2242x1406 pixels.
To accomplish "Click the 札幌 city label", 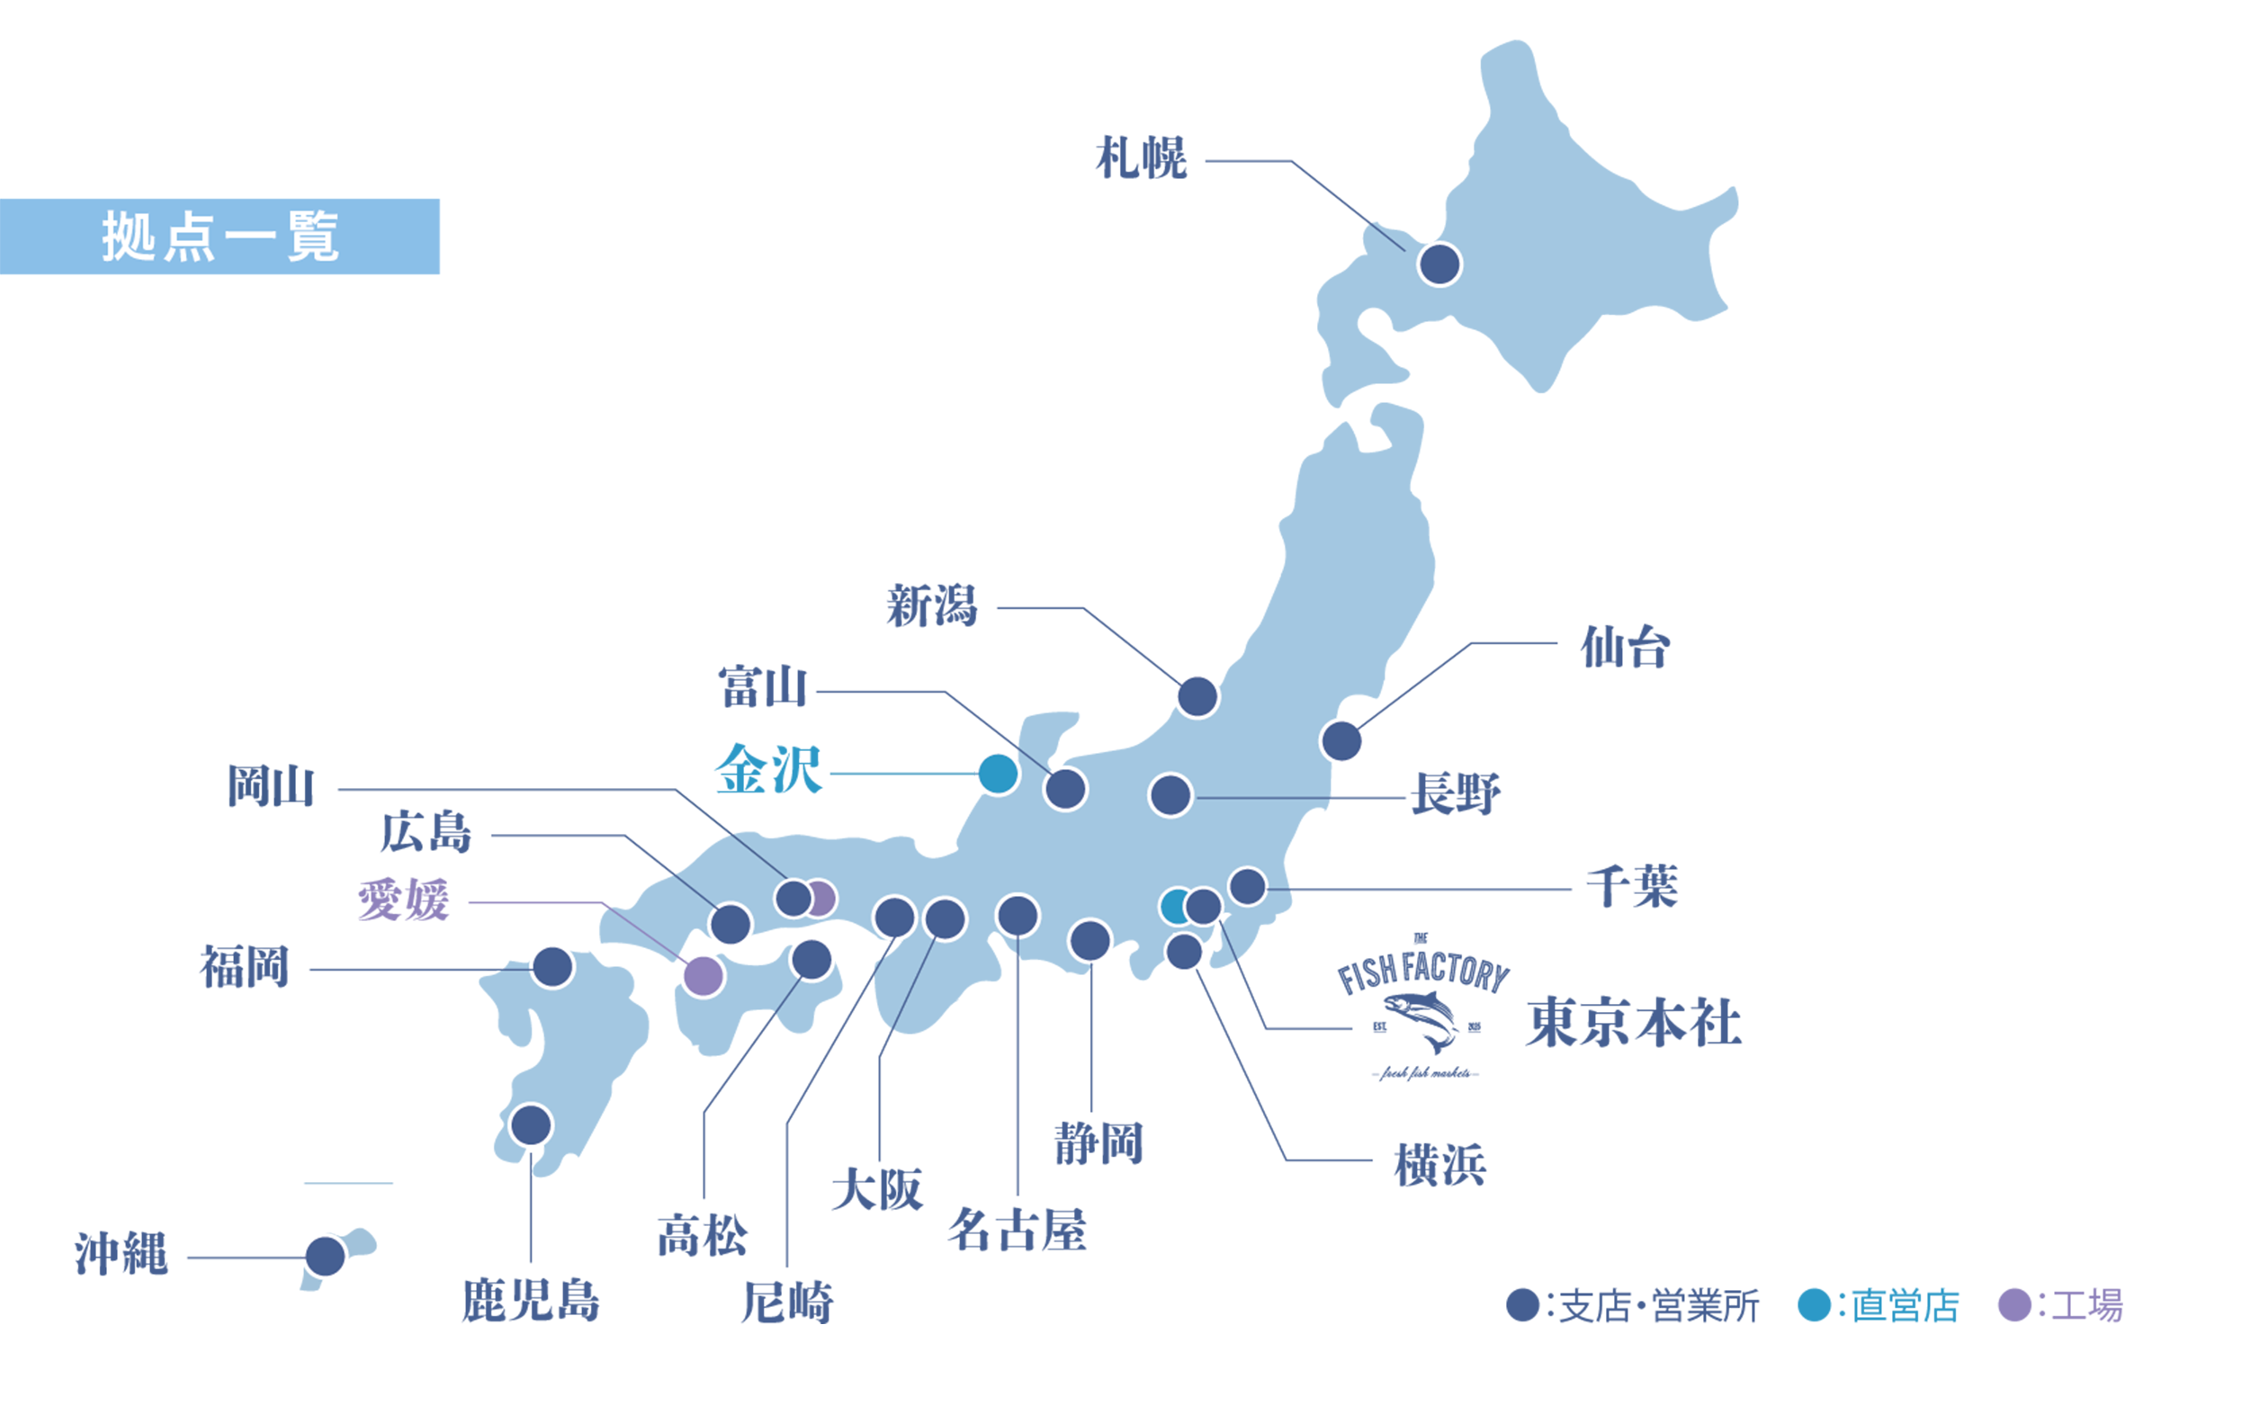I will [1141, 158].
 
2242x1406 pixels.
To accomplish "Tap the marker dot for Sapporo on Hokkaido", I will [1439, 264].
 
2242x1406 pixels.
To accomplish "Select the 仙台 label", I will [1625, 647].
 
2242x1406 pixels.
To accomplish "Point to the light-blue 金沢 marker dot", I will [998, 774].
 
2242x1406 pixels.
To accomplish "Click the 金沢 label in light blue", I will [768, 770].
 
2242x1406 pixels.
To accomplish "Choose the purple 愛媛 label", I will [404, 900].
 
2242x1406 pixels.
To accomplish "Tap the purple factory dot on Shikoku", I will [703, 976].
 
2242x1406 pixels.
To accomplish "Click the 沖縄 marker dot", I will [326, 1257].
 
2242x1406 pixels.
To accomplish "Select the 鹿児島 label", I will [530, 1300].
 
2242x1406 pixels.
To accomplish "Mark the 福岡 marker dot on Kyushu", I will [552, 967].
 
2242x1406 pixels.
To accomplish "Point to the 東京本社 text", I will [1633, 1023].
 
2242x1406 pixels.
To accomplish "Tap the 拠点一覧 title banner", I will [220, 237].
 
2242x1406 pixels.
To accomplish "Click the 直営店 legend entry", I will [1904, 1306].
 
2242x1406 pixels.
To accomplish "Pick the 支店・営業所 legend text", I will [1658, 1306].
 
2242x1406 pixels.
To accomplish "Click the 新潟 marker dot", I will [1197, 696].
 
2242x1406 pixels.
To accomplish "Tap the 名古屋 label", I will [1017, 1231].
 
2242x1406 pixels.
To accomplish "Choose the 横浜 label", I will [1439, 1165].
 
